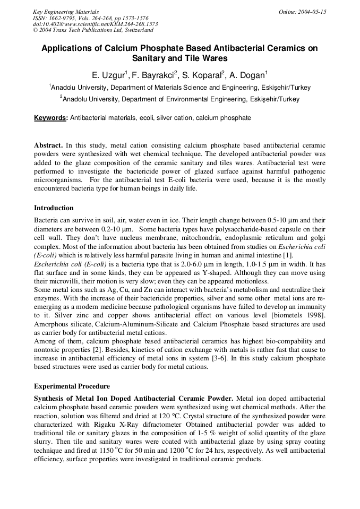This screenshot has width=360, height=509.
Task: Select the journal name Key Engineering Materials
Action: (66, 12)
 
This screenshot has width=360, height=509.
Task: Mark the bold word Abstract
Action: (48, 145)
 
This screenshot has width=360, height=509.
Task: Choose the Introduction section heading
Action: (54, 208)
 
